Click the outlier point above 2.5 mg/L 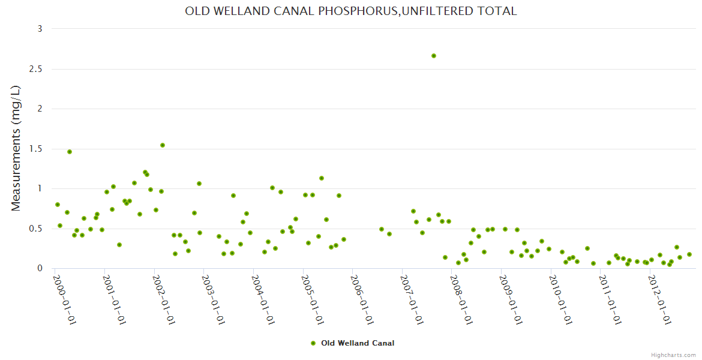tap(434, 56)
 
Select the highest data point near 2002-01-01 tap(163, 145)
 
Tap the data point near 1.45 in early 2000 tap(70, 152)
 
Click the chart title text tap(351, 11)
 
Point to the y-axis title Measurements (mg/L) tap(16, 148)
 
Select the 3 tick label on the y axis tap(39, 29)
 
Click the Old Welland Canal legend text tap(358, 343)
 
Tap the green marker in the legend tap(313, 343)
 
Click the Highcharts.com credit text tap(673, 355)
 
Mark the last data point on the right tap(689, 254)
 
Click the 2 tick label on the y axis tap(39, 109)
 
